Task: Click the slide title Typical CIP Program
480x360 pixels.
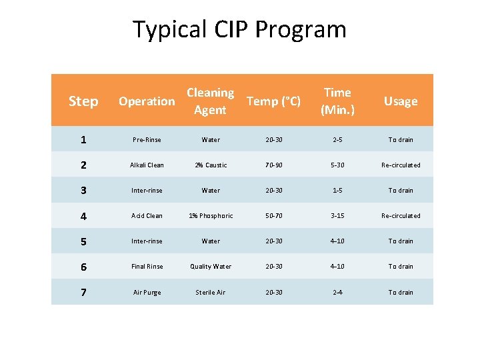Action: [x=239, y=30]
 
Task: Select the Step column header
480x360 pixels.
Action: [x=83, y=101]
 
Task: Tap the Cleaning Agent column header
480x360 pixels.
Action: [x=210, y=101]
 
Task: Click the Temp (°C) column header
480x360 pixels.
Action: [x=273, y=101]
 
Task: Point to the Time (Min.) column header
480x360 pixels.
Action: [x=337, y=101]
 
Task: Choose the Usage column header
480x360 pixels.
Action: [x=401, y=101]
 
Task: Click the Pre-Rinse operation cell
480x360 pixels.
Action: [x=147, y=140]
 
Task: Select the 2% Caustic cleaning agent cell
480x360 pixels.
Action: [x=210, y=165]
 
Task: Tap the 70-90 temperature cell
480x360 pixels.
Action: [x=273, y=165]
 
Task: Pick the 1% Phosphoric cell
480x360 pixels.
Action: [x=210, y=216]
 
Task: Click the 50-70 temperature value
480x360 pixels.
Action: [x=273, y=216]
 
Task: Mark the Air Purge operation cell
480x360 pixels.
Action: [x=147, y=293]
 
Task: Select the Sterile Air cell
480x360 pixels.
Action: [x=210, y=293]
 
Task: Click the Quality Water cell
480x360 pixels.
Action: [x=210, y=267]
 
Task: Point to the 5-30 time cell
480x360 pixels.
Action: [x=337, y=165]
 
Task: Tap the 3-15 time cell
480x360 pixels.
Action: [x=337, y=216]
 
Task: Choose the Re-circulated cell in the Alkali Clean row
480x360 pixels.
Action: [x=401, y=165]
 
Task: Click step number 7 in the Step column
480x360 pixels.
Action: [x=83, y=292]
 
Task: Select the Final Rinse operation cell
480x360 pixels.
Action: [x=147, y=267]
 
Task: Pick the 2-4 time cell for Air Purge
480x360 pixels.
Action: [x=337, y=293]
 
